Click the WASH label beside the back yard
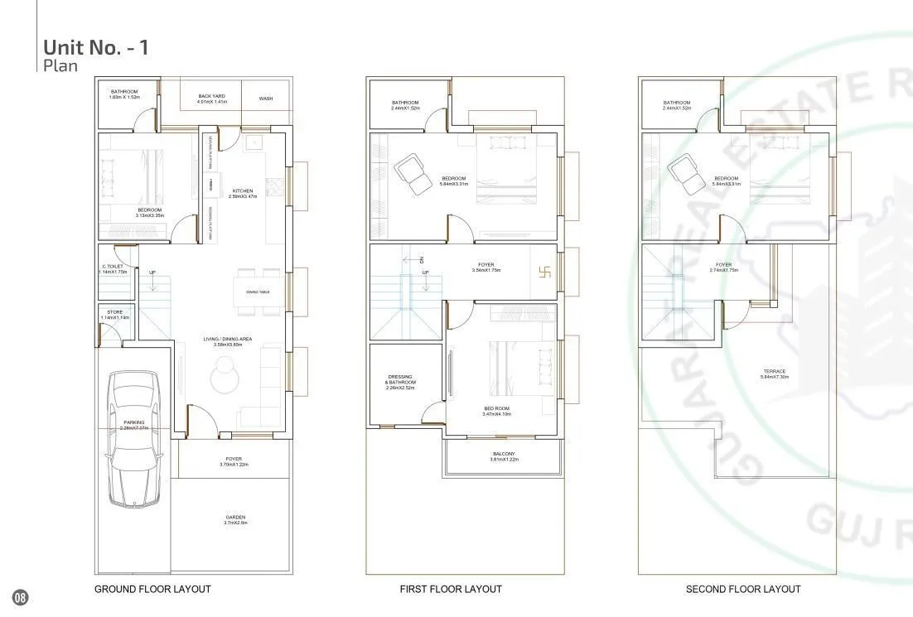[x=265, y=99]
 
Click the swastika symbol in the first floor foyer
[x=545, y=270]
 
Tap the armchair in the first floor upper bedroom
[x=412, y=171]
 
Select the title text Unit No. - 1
[x=96, y=47]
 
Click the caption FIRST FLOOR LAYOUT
[x=450, y=589]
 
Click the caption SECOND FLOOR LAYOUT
[x=743, y=589]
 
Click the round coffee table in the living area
[x=224, y=380]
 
